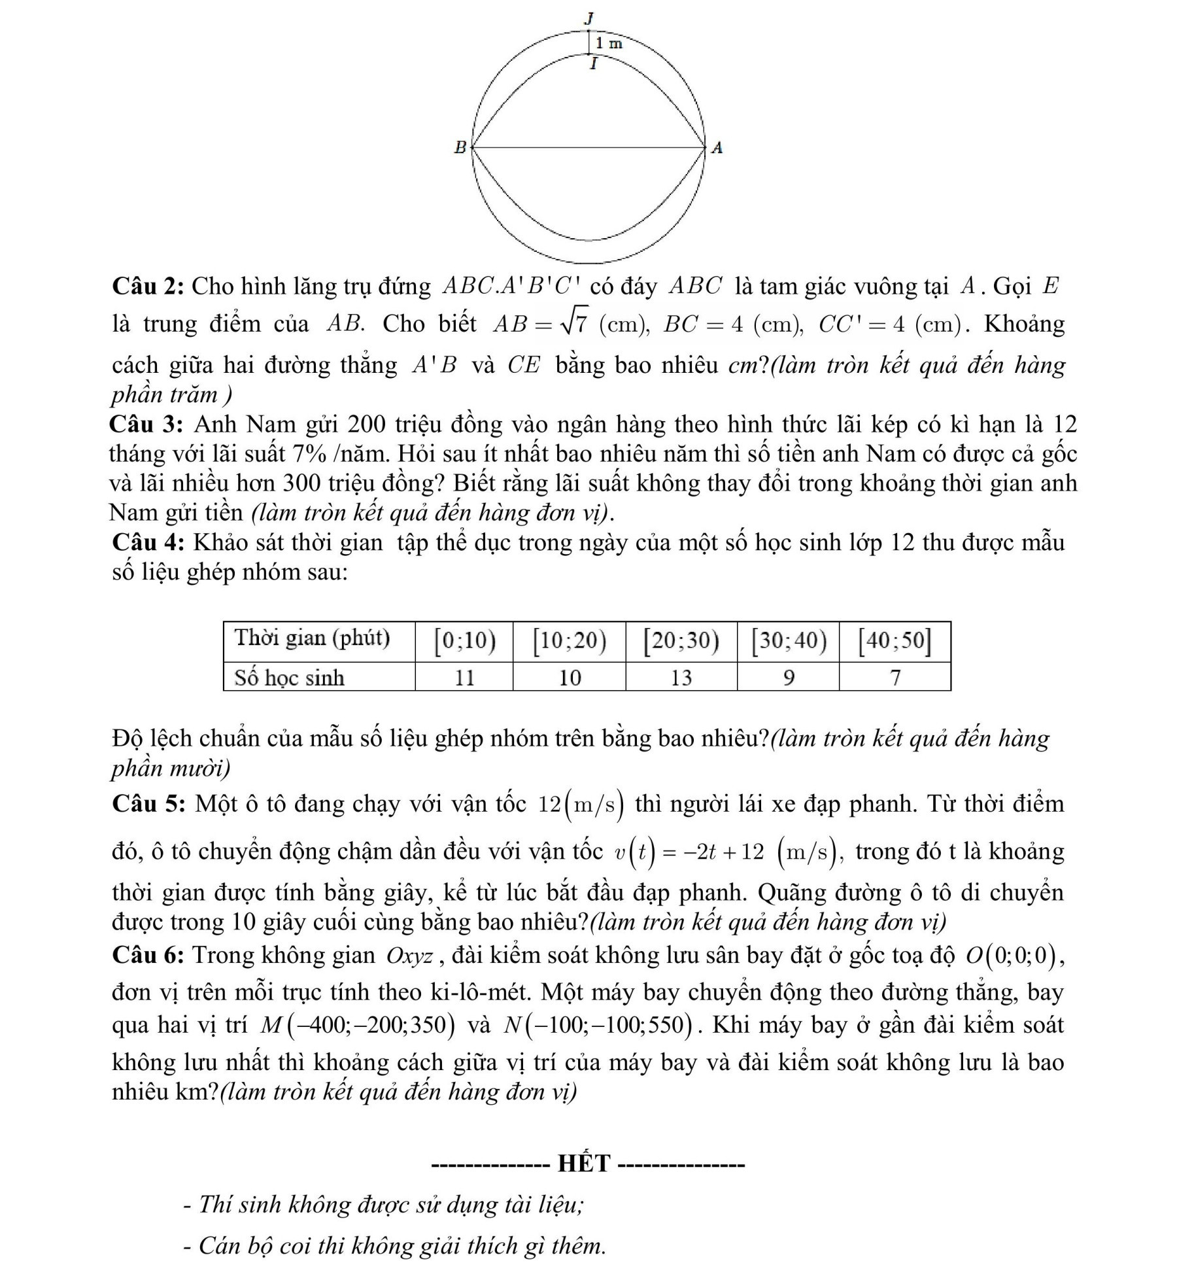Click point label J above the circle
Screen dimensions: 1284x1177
point(589,18)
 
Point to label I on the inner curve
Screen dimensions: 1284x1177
point(593,64)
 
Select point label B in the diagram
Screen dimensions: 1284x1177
point(460,147)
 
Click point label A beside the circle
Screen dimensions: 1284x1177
point(717,148)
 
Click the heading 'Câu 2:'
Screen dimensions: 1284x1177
point(150,286)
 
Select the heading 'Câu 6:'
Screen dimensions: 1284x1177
point(150,954)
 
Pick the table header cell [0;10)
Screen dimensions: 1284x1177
point(464,642)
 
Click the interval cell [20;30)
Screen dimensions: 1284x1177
point(681,642)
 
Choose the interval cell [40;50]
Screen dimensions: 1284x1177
point(895,642)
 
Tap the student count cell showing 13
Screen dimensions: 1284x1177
point(681,678)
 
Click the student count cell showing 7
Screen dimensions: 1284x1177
point(895,678)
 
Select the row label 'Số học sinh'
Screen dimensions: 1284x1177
point(290,678)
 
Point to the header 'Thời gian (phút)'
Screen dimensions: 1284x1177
point(312,638)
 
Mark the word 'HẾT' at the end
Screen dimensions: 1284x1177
point(584,1164)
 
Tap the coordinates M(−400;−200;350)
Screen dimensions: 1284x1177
point(357,1024)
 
